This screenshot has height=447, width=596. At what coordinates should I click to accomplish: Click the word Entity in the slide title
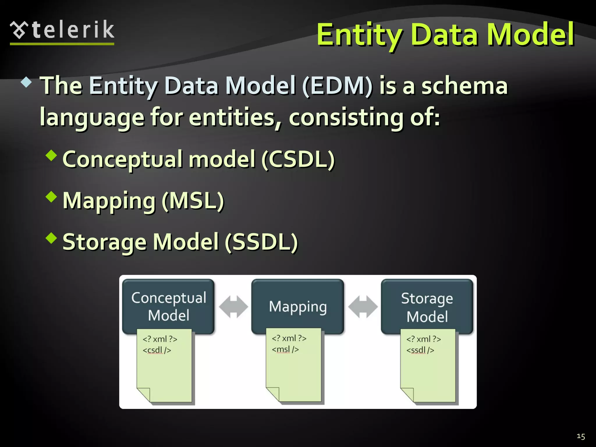point(359,35)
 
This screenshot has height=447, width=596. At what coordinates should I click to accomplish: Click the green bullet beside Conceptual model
point(52,155)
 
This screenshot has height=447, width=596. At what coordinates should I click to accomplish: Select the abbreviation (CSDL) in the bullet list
point(298,159)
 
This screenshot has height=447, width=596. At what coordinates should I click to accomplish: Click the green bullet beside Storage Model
point(52,238)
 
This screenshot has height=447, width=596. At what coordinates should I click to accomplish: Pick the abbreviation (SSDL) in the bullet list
point(261,242)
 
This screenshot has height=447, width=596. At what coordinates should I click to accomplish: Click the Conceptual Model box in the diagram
point(168,306)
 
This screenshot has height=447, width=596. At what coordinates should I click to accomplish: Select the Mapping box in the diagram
point(297,306)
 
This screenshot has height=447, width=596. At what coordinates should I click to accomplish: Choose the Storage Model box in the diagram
point(427,307)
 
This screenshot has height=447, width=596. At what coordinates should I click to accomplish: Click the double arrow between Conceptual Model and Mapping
point(233,306)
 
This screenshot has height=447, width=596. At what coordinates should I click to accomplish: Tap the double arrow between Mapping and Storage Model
point(363,306)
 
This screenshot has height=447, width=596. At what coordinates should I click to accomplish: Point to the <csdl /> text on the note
point(157,350)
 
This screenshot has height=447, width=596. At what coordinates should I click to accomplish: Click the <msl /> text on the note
point(285,349)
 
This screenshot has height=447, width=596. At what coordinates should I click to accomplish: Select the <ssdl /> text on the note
point(420,350)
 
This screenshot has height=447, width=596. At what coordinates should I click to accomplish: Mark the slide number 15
point(581,436)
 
